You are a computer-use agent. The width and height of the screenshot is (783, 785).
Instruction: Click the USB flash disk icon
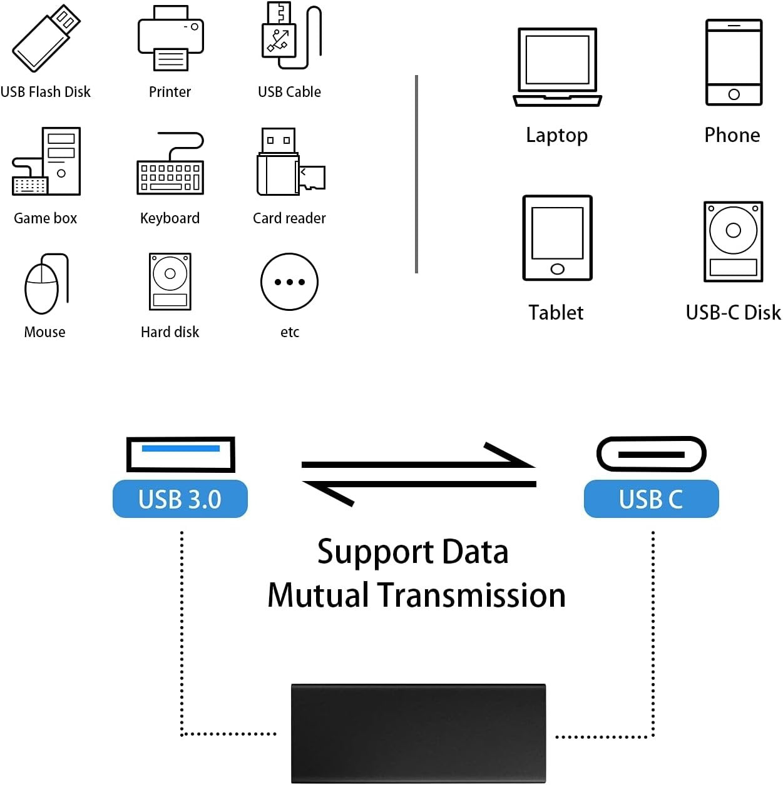click(46, 39)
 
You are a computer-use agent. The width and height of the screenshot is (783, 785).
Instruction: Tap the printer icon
click(170, 39)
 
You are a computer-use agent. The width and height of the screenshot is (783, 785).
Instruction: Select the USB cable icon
click(290, 36)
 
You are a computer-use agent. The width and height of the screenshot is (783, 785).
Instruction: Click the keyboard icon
click(170, 165)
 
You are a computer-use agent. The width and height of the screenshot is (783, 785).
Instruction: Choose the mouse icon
click(44, 285)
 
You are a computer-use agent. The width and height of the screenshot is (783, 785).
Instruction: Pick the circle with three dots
click(289, 282)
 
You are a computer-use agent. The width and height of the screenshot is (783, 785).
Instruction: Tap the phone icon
click(734, 63)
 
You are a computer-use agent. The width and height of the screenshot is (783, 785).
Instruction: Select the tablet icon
click(557, 238)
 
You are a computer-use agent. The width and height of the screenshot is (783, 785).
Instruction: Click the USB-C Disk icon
click(733, 241)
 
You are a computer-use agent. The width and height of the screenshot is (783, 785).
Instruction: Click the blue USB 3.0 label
click(180, 499)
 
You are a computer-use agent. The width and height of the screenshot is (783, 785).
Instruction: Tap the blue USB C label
click(651, 499)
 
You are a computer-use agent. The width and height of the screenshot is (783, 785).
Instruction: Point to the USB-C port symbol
click(651, 454)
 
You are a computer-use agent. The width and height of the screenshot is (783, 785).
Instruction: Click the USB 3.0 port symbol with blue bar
click(180, 454)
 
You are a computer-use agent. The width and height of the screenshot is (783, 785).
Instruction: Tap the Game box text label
click(45, 218)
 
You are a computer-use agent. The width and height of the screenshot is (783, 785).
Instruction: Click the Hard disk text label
click(170, 332)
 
